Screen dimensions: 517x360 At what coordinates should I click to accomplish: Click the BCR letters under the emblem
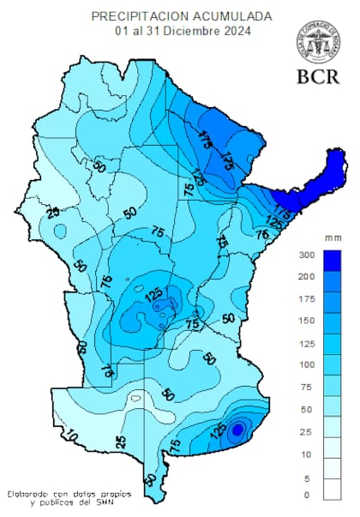pos(317,77)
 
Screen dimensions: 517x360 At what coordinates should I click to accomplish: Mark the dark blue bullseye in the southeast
pos(237,430)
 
